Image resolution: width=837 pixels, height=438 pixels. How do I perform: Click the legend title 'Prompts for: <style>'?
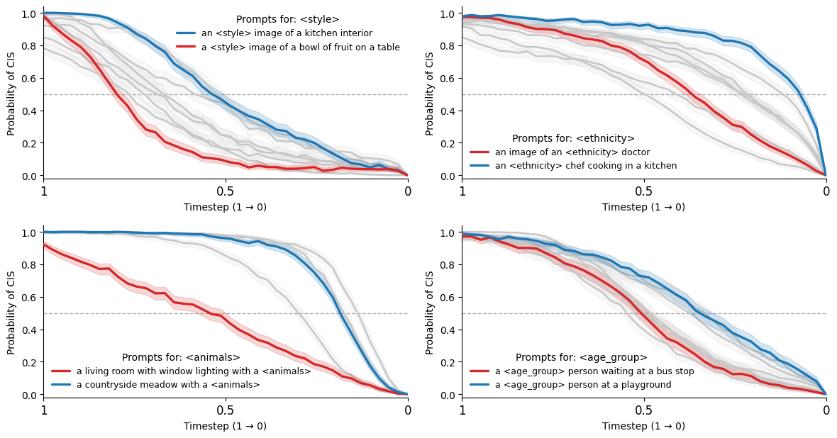[287, 20]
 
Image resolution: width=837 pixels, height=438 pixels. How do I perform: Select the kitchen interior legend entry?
[287, 33]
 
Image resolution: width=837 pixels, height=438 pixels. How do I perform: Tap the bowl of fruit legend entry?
[300, 47]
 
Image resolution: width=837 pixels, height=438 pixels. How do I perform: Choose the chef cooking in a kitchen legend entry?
[585, 166]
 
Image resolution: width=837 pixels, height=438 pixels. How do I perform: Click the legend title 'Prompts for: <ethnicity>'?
[573, 139]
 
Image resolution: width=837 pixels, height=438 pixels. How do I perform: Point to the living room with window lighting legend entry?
[194, 371]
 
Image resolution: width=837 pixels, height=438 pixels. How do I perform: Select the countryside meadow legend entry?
[168, 385]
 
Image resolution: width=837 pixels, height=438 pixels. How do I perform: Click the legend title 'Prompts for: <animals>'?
[181, 358]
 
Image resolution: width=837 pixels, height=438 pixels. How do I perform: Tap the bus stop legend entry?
[594, 371]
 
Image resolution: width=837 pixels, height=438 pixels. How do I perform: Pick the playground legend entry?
[582, 385]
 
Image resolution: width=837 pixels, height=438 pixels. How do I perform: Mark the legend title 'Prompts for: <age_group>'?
[581, 358]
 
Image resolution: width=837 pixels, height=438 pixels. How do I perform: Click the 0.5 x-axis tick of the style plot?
[226, 191]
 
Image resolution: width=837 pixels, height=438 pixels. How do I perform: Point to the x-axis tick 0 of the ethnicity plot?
[826, 191]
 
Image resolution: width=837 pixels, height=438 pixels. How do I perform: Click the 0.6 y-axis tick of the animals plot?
[31, 298]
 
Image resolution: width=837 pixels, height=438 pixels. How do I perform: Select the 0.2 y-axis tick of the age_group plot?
[449, 363]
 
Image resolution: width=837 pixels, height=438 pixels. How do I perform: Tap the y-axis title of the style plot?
[11, 94]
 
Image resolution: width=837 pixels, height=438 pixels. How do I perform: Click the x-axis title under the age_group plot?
[643, 426]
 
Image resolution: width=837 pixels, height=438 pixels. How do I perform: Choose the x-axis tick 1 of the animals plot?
[44, 410]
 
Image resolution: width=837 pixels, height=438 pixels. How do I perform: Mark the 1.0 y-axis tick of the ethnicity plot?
[449, 13]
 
